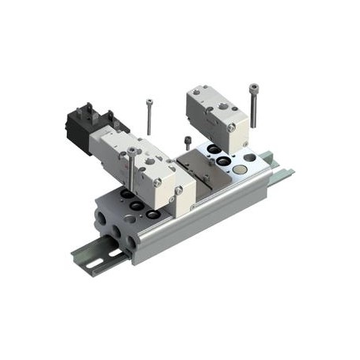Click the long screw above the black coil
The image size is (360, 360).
point(149,116)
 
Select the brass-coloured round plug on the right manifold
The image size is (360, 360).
point(248,158)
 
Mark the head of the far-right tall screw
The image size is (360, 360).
point(254,87)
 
